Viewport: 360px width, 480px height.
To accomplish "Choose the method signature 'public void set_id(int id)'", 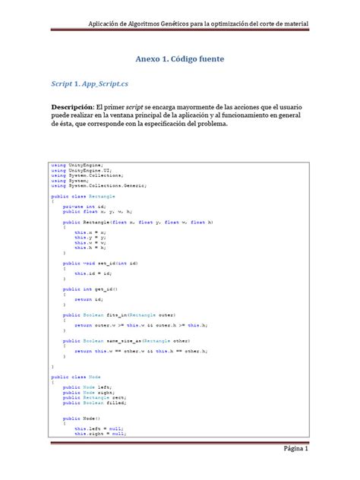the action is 99,262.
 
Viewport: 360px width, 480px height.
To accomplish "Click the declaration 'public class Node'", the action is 75,377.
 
